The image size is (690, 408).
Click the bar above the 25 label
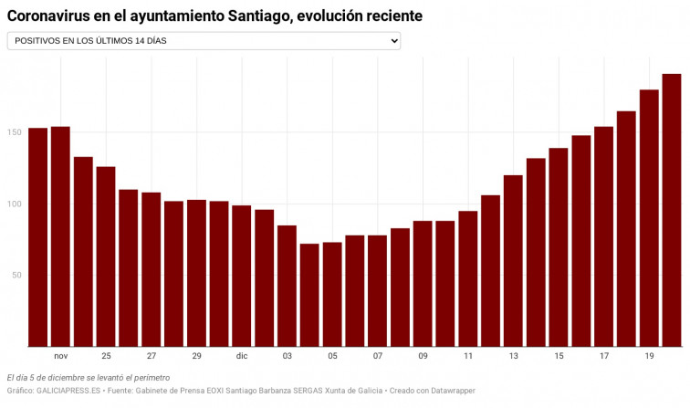point(106,256)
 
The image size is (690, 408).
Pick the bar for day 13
point(513,260)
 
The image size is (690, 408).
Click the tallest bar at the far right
point(672,210)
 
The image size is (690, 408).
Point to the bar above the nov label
point(60,236)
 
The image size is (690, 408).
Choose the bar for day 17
point(603,236)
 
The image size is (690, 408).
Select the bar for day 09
point(423,283)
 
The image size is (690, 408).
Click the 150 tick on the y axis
point(15,133)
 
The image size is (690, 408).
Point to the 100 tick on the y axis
point(15,204)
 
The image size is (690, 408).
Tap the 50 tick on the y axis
point(16,275)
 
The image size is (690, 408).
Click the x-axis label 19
point(649,356)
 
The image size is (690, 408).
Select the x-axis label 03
point(287,356)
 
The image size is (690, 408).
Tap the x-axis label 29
point(196,356)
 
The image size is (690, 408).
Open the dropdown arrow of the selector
point(393,41)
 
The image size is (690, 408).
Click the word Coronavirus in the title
point(53,16)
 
